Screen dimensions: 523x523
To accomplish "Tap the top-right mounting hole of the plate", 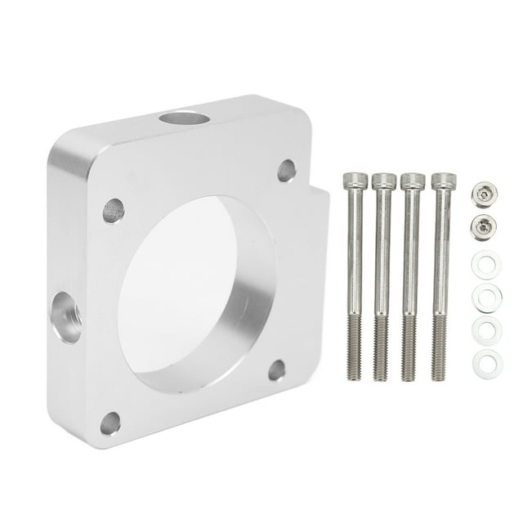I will (286, 171).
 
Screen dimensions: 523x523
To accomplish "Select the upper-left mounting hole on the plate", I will (114, 211).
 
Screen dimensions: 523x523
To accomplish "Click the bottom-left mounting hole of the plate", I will (110, 422).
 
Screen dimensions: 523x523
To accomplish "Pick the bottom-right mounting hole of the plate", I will (277, 370).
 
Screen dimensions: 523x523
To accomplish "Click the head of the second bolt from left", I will (383, 181).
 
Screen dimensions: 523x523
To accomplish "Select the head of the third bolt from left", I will (413, 181).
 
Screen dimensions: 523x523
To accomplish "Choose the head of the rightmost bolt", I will (442, 181).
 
